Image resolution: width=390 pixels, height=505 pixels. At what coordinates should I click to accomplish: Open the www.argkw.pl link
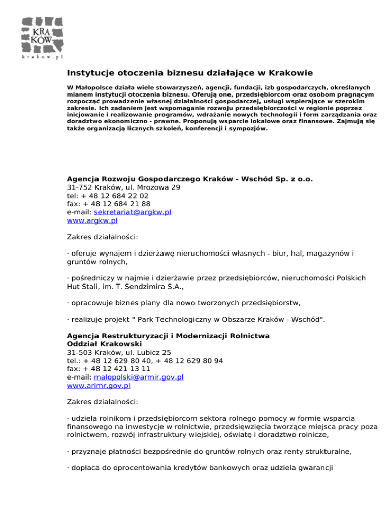pyautogui.click(x=92, y=221)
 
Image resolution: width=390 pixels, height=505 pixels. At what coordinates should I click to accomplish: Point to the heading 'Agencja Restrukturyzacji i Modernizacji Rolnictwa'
pyautogui.click(x=168, y=336)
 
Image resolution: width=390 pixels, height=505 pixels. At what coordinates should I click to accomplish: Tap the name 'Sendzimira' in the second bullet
pyautogui.click(x=135, y=287)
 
